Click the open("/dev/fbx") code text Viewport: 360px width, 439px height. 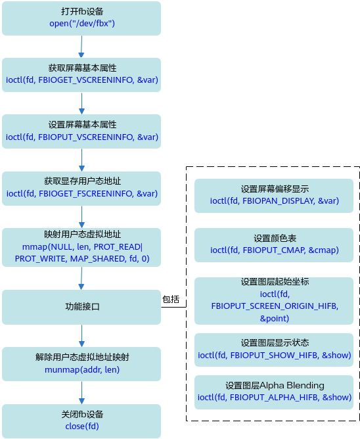click(82, 24)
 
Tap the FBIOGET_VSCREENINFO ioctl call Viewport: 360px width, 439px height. click(82, 80)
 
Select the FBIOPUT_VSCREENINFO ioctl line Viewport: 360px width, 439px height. click(82, 137)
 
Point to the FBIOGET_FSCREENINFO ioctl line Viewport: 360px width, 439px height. click(82, 194)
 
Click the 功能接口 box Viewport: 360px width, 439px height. click(81, 307)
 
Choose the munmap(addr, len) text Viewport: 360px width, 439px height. click(82, 370)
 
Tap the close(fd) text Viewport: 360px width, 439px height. click(82, 427)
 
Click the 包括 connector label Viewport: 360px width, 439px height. click(171, 299)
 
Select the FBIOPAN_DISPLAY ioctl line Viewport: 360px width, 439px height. click(275, 201)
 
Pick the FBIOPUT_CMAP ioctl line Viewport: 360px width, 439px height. click(275, 250)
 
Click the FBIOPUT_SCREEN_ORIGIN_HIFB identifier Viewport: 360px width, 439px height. click(275, 306)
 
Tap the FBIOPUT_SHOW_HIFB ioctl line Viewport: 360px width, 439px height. click(275, 356)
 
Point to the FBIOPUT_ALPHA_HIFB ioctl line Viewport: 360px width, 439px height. click(275, 398)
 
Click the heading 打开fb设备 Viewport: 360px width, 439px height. click(82, 11)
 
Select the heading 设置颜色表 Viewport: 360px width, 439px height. click(275, 239)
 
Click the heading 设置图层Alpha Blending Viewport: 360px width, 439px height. click(275, 386)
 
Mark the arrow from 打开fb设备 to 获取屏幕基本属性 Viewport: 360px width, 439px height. click(81, 47)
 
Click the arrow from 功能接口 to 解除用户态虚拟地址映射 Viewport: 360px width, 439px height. click(81, 336)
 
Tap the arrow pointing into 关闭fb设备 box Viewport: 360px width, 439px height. click(81, 393)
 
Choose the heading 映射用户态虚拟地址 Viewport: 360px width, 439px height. click(82, 235)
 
